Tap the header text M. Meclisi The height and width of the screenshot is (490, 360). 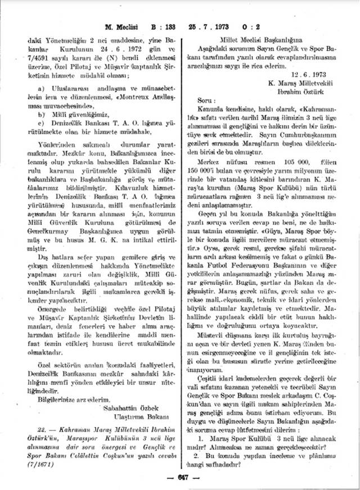click(131, 26)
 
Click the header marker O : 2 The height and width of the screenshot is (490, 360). click(262, 26)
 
